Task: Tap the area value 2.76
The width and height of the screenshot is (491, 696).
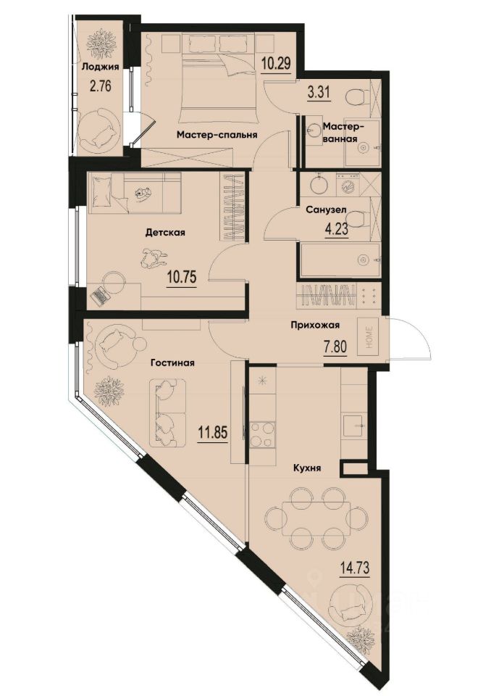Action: [100, 88]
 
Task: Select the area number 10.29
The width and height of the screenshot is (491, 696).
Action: [276, 62]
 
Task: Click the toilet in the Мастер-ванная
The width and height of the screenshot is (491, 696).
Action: [356, 96]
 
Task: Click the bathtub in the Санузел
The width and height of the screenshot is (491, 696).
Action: [339, 260]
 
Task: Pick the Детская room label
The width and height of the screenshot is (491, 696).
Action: [166, 233]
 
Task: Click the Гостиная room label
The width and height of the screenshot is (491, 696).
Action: [172, 362]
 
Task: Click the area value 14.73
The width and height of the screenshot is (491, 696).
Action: [354, 568]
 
